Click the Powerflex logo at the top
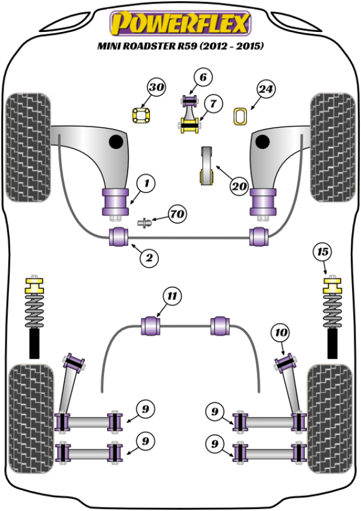pyautogui.click(x=179, y=24)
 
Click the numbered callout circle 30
pyautogui.click(x=157, y=89)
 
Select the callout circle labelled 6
pyautogui.click(x=203, y=77)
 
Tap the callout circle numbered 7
pyautogui.click(x=212, y=104)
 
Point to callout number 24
pyautogui.click(x=267, y=89)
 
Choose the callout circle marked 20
pyautogui.click(x=239, y=186)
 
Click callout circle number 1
pyautogui.click(x=146, y=181)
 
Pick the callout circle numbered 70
pyautogui.click(x=177, y=214)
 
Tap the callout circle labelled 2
pyautogui.click(x=150, y=258)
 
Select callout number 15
pyautogui.click(x=324, y=251)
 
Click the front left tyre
pyautogui.click(x=27, y=147)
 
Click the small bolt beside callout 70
pyautogui.click(x=144, y=223)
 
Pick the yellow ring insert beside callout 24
pyautogui.click(x=240, y=115)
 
